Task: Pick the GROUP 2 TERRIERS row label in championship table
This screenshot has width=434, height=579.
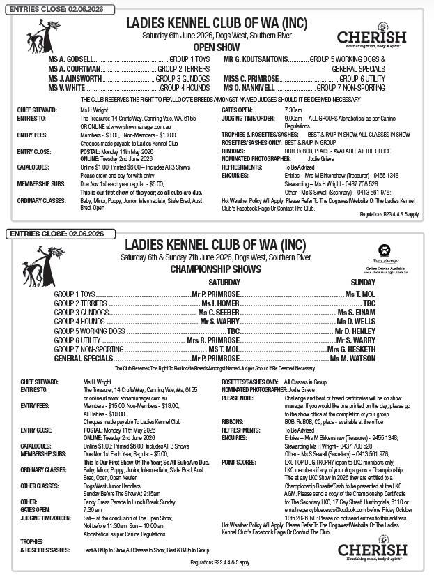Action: click(80, 304)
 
